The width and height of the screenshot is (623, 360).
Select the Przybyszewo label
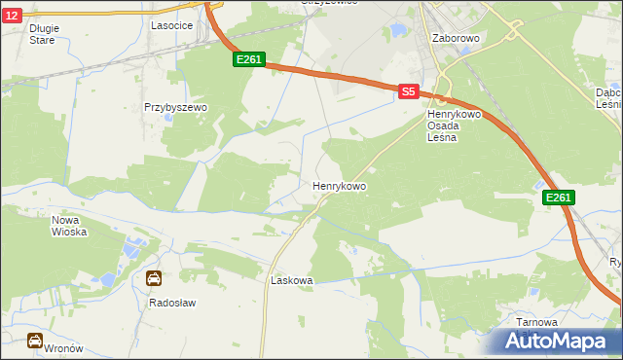click(x=171, y=107)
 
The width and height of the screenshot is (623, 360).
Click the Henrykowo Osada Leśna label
click(x=450, y=126)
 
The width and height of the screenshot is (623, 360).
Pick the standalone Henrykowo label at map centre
click(x=339, y=185)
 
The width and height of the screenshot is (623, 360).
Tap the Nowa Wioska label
click(x=69, y=226)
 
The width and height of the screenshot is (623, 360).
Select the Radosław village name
click(x=172, y=303)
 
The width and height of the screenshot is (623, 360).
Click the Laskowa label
click(x=291, y=280)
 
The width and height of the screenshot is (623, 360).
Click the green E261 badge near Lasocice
click(x=248, y=60)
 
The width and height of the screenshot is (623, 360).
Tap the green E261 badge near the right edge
click(x=558, y=198)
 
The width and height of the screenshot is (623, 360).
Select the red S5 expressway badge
click(x=409, y=91)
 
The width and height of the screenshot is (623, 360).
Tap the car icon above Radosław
click(x=154, y=279)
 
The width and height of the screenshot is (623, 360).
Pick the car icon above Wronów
click(x=34, y=341)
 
